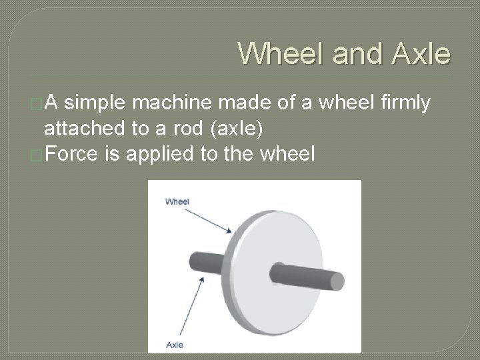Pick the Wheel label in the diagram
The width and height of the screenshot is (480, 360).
point(177,201)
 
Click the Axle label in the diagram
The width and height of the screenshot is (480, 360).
point(174,344)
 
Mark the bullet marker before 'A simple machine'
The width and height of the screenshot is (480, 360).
point(38,103)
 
